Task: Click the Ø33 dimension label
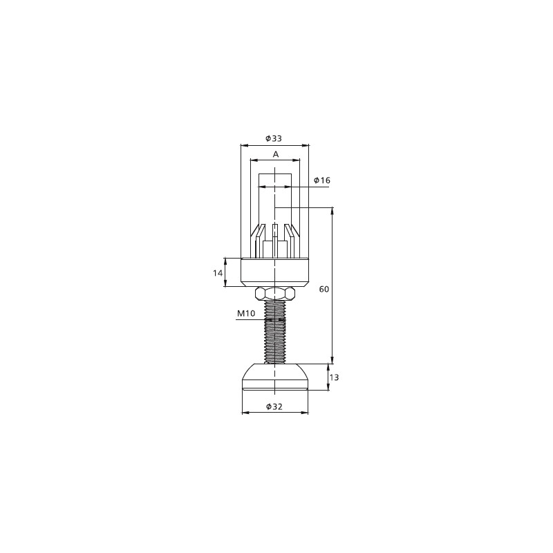[x=274, y=139]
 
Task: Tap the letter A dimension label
[x=276, y=154]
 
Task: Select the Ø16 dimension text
[x=322, y=180]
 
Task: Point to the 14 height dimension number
[x=218, y=272]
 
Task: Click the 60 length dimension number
[x=324, y=289]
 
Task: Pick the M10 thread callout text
[x=246, y=313]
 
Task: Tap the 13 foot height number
[x=334, y=377]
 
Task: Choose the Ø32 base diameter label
[x=274, y=406]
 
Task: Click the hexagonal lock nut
[x=274, y=293]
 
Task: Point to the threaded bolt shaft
[x=274, y=332]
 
